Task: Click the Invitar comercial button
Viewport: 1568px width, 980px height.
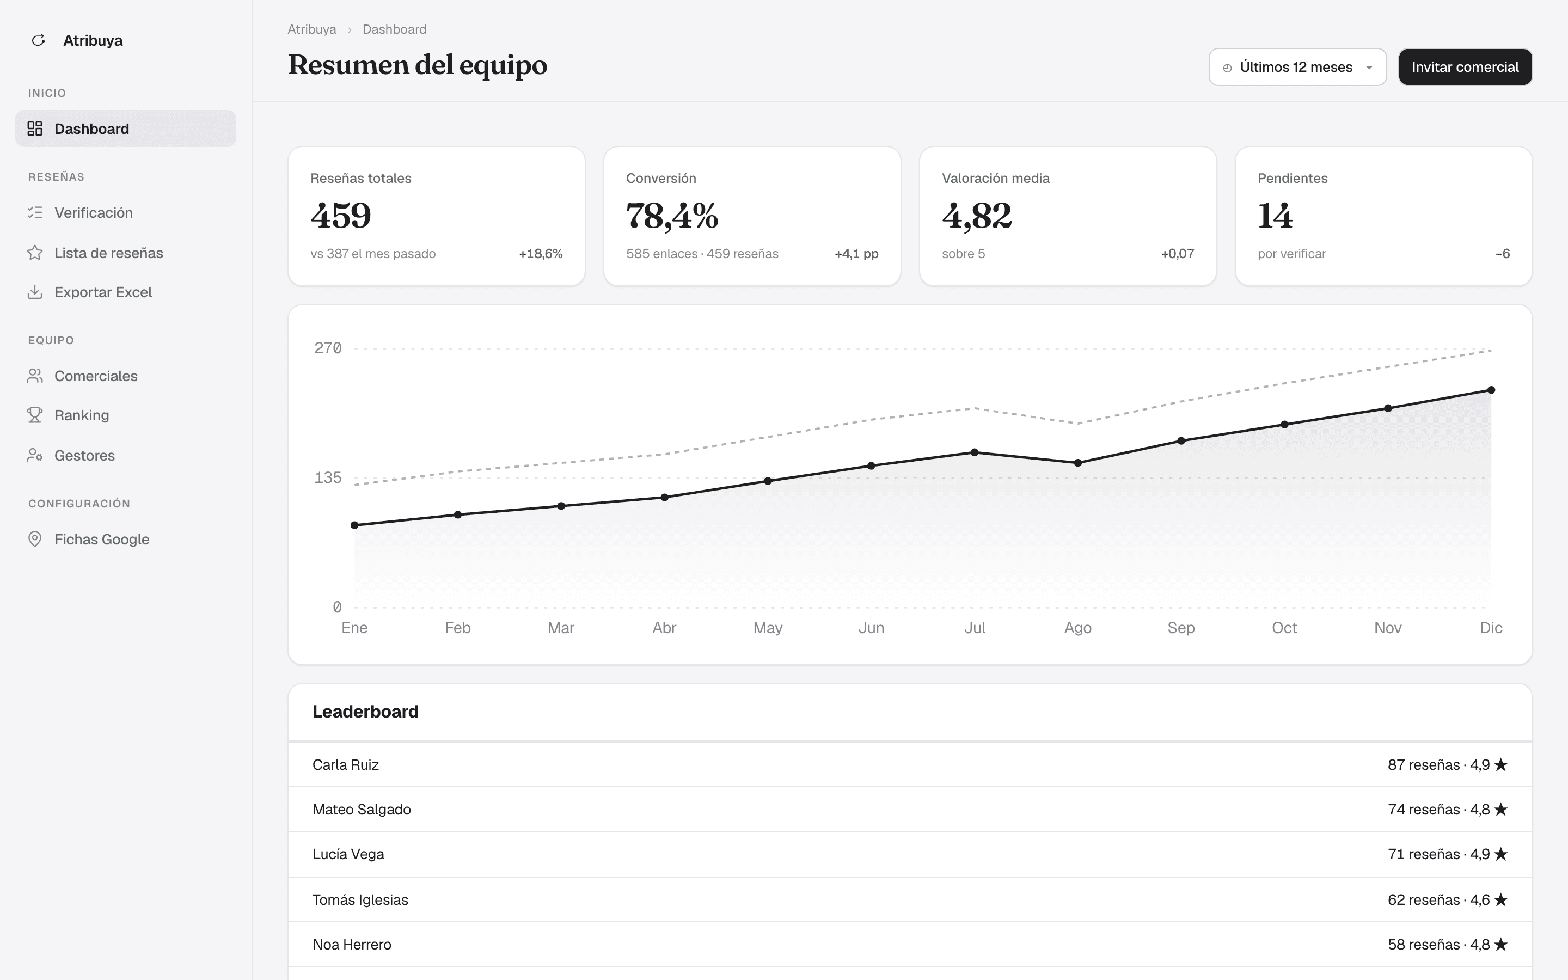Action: point(1465,67)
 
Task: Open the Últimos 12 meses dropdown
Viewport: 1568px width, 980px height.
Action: point(1297,67)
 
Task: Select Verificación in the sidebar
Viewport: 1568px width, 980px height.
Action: point(93,212)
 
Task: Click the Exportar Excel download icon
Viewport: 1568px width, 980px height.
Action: point(35,292)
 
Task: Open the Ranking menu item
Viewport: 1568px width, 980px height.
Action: point(82,415)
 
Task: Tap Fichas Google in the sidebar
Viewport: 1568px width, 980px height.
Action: point(102,539)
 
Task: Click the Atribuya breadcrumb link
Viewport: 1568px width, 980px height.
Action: point(311,29)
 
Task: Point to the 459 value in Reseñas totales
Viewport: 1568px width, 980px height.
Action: point(341,215)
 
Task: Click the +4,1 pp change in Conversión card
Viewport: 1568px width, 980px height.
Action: point(856,253)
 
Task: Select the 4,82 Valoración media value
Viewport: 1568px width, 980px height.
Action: point(976,215)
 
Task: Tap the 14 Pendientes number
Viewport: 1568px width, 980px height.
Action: point(1275,215)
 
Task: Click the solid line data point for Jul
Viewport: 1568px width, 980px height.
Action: point(975,452)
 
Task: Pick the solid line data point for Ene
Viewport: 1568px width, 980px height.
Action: point(354,525)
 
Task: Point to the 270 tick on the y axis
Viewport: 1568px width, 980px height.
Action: point(328,348)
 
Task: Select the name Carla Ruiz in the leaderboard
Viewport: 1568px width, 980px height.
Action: point(345,765)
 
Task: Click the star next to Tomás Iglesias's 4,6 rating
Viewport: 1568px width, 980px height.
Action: point(1500,899)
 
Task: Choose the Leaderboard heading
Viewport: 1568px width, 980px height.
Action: point(365,712)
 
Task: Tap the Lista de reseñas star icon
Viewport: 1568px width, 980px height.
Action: point(35,253)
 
